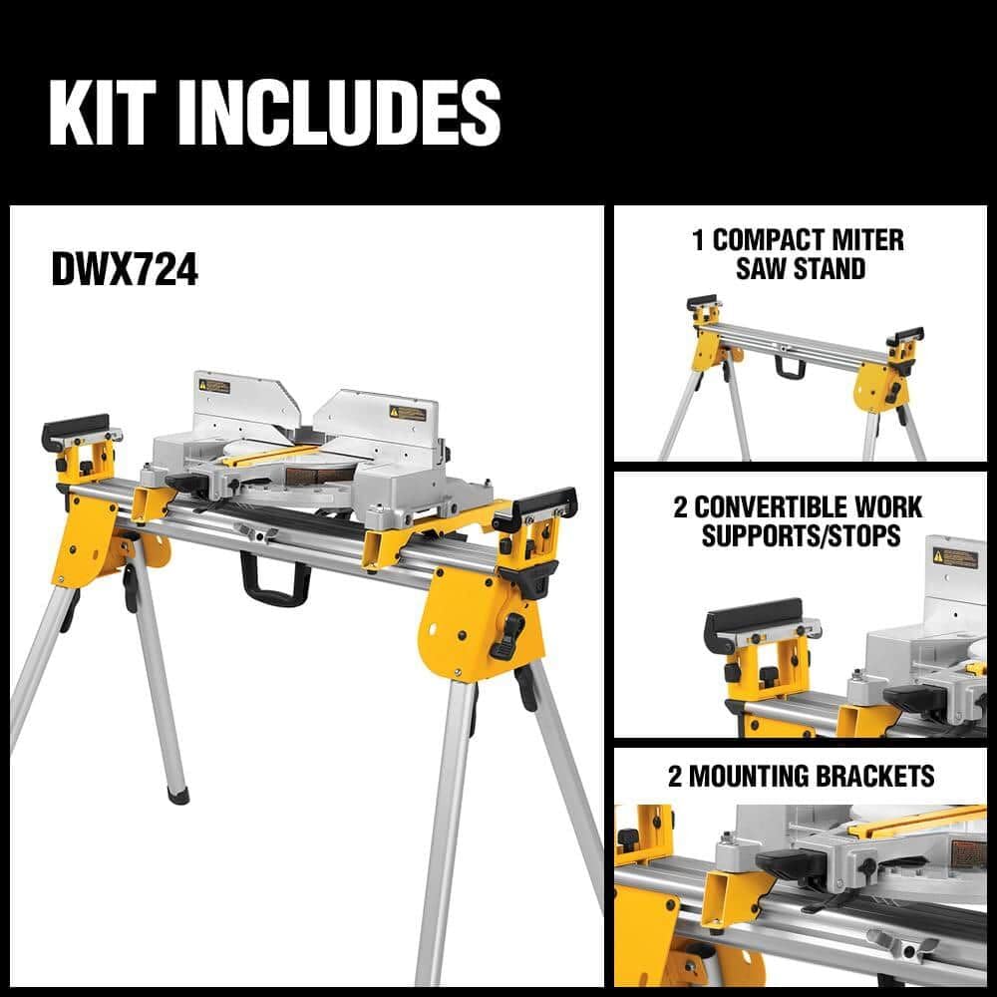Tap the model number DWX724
pyautogui.click(x=125, y=270)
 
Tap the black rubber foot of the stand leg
pyautogui.click(x=177, y=795)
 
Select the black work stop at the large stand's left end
pyautogui.click(x=75, y=430)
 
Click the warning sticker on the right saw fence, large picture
pyautogui.click(x=407, y=412)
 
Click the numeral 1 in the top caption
pyautogui.click(x=698, y=240)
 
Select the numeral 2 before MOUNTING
pyautogui.click(x=675, y=776)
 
